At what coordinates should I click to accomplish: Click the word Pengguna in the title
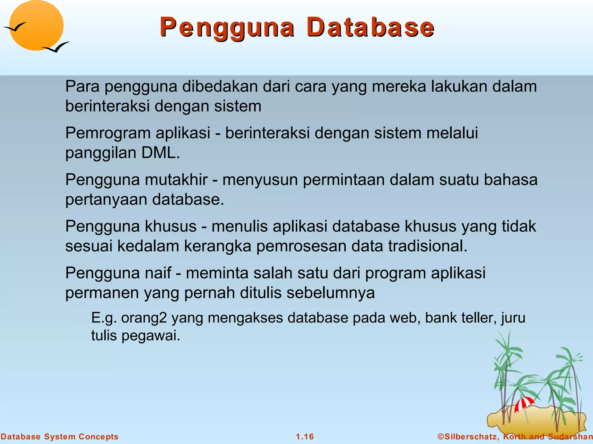[x=227, y=28]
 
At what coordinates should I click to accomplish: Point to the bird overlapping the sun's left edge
[x=14, y=27]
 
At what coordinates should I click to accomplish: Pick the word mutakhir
[x=176, y=180]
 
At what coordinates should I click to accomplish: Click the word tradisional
[x=427, y=246]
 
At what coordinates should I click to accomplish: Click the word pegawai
[x=151, y=336]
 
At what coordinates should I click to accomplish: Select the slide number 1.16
[x=305, y=436]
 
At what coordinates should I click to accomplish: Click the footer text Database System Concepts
[x=59, y=436]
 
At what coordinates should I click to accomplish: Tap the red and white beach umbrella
[x=524, y=404]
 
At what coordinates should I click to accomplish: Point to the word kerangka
[x=217, y=247]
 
